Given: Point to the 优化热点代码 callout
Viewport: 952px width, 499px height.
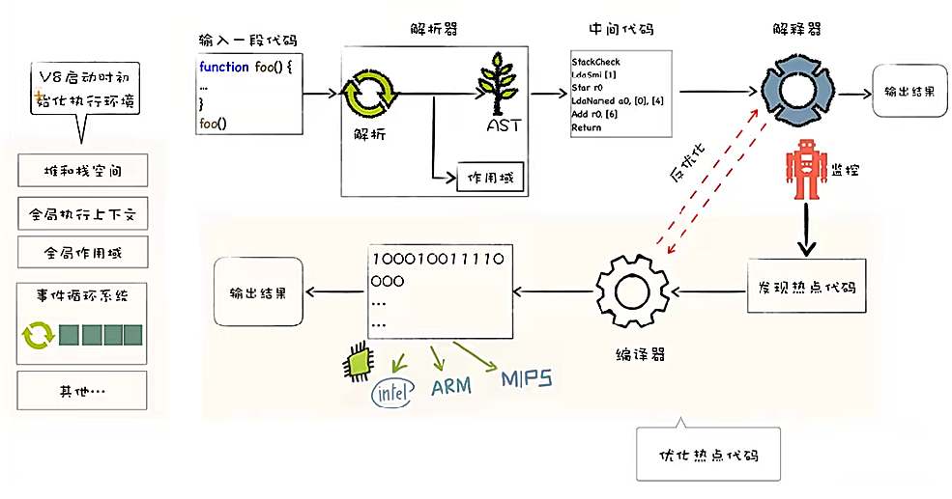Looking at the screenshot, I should [x=707, y=455].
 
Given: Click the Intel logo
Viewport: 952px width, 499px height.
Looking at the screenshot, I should [x=390, y=393].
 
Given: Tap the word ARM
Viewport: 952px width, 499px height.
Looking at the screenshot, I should [x=450, y=386].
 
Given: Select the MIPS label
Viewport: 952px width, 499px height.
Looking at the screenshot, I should [x=526, y=378].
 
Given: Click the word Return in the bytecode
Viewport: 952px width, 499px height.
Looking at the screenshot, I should [x=586, y=127].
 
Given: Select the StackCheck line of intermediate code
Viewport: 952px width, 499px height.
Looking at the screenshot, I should [x=595, y=62].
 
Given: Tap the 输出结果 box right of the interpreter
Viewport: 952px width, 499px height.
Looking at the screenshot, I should [x=909, y=92].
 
